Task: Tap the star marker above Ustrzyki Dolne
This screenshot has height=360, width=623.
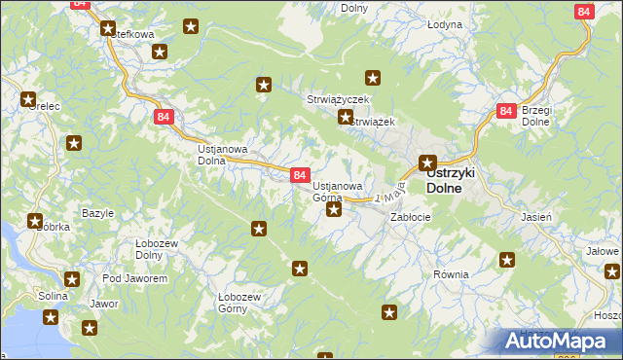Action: click(427, 162)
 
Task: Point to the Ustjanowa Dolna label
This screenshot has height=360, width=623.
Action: click(223, 155)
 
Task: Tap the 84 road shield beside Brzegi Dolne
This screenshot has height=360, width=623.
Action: click(504, 112)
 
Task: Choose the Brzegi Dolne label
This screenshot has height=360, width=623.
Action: click(537, 116)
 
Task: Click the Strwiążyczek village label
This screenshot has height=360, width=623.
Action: click(336, 100)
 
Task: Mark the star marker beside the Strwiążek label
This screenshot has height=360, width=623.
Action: click(345, 119)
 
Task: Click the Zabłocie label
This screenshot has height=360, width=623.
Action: click(410, 217)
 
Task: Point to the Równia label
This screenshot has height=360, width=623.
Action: click(452, 274)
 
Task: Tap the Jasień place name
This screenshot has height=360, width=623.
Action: click(536, 217)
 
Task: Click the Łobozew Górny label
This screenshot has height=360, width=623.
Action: click(238, 303)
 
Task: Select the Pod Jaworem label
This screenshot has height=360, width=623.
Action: click(134, 278)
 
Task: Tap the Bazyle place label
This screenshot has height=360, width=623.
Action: click(97, 213)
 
